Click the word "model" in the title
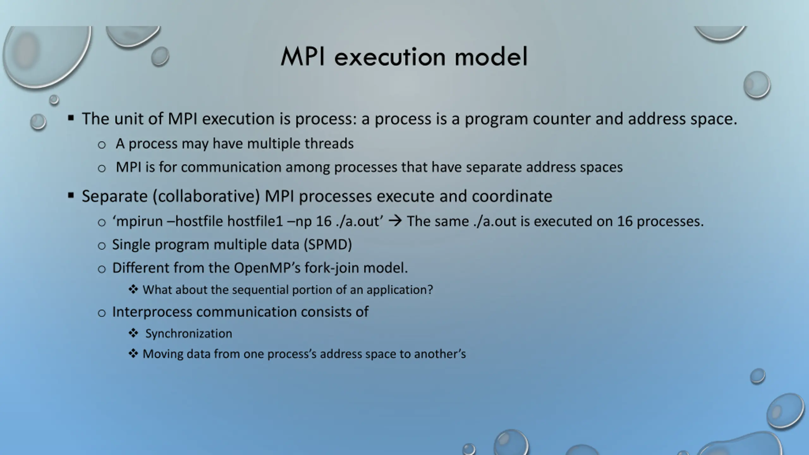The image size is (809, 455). (x=491, y=57)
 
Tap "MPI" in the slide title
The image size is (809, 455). (x=303, y=57)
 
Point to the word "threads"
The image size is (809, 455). (x=329, y=144)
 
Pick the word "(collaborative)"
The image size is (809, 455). (x=206, y=197)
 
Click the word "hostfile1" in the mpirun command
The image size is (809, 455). (x=255, y=221)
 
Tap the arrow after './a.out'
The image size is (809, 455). (x=395, y=221)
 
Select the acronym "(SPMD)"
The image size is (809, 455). (x=328, y=245)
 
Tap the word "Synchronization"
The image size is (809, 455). (x=189, y=334)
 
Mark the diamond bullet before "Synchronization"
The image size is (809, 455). (x=133, y=333)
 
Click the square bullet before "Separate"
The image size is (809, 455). (x=71, y=196)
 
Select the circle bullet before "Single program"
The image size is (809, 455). (x=101, y=246)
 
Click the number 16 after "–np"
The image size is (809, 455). (x=324, y=221)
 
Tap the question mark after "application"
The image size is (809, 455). (x=430, y=289)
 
